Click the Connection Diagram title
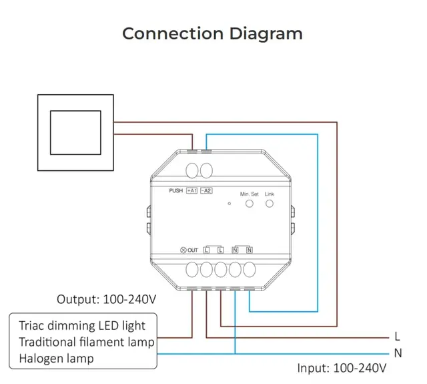pyautogui.click(x=212, y=33)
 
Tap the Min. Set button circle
pyautogui.click(x=249, y=204)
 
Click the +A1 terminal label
pyautogui.click(x=191, y=190)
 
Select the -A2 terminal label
pyautogui.click(x=206, y=190)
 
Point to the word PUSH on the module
pyautogui.click(x=176, y=190)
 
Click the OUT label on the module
pyautogui.click(x=193, y=250)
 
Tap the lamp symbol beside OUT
pyautogui.click(x=183, y=250)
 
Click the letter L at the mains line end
pyautogui.click(x=398, y=337)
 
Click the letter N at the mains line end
pyautogui.click(x=398, y=353)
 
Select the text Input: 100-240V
pyautogui.click(x=342, y=368)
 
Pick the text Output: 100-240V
pyautogui.click(x=107, y=299)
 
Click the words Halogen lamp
pyautogui.click(x=56, y=359)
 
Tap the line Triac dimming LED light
pyautogui.click(x=82, y=326)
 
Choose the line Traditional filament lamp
pyautogui.click(x=87, y=342)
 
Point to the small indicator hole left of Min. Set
pyautogui.click(x=230, y=204)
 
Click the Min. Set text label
pyautogui.click(x=249, y=194)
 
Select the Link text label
pyautogui.click(x=270, y=194)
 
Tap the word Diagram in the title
pyautogui.click(x=266, y=34)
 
